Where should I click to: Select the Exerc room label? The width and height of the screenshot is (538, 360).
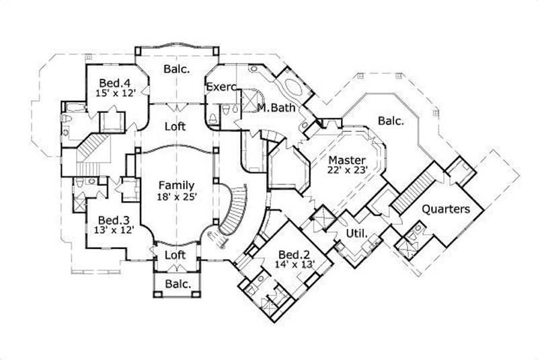pyautogui.click(x=219, y=87)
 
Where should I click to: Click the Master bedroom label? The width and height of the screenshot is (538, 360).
pyautogui.click(x=347, y=160)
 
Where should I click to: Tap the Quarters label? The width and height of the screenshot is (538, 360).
pyautogui.click(x=445, y=209)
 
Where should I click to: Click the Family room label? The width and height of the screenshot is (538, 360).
pyautogui.click(x=176, y=185)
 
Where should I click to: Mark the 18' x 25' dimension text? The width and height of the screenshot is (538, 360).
pyautogui.click(x=176, y=196)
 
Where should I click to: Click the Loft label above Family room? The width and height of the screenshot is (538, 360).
pyautogui.click(x=176, y=126)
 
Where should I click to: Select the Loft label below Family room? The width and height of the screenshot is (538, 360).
pyautogui.click(x=176, y=255)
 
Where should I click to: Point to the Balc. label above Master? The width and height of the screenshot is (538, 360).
pyautogui.click(x=390, y=121)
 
